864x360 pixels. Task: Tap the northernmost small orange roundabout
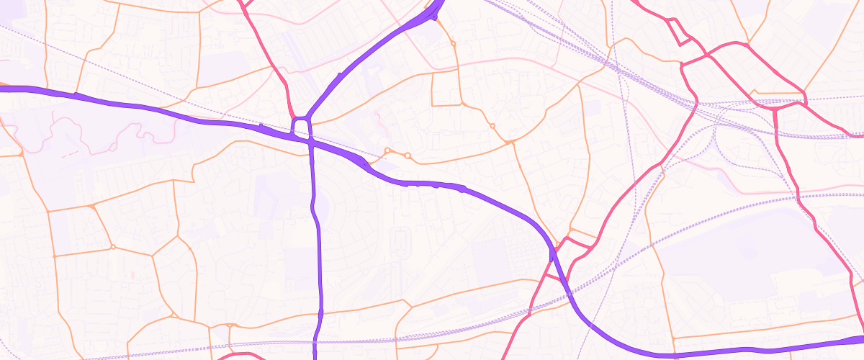(x=453, y=44)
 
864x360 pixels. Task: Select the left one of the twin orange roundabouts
(x=387, y=150)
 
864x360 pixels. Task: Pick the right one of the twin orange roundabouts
(x=407, y=156)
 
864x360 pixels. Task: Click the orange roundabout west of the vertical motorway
(x=113, y=247)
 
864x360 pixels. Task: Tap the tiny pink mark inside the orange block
(x=132, y=275)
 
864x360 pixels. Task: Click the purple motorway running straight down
(x=317, y=252)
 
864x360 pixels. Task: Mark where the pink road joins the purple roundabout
(x=293, y=117)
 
